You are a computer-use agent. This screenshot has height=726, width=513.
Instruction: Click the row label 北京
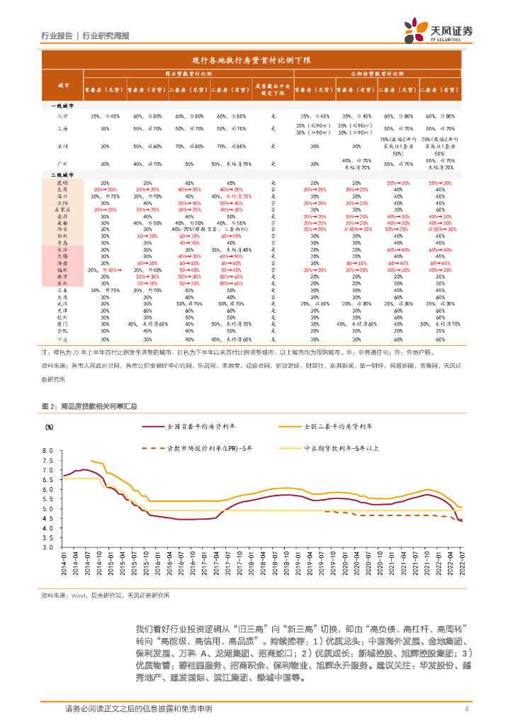[x=62, y=116]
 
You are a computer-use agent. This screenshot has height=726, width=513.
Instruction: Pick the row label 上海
[x=62, y=129]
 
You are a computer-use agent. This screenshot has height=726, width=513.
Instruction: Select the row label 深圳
[x=62, y=146]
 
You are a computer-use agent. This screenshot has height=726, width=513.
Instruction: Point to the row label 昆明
[x=62, y=183]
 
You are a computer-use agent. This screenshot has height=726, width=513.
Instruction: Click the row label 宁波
[x=62, y=340]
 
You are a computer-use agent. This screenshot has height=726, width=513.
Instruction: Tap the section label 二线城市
[x=62, y=174]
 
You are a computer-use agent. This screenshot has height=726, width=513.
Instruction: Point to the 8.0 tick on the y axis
[x=49, y=451]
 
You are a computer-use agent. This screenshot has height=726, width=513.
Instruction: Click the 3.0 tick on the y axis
[x=49, y=547]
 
